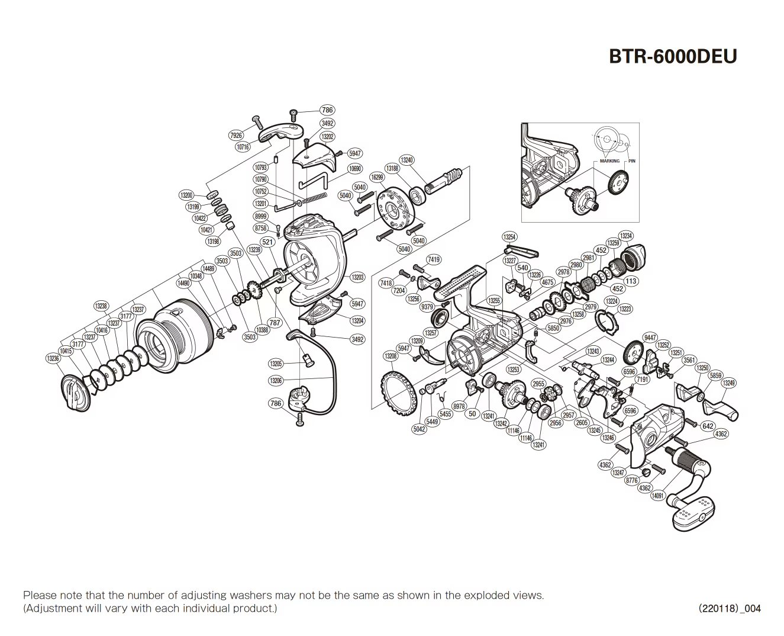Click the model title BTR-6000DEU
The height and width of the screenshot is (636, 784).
tap(673, 56)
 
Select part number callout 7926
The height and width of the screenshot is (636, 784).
tap(236, 136)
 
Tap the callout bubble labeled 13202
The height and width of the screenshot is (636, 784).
tap(327, 137)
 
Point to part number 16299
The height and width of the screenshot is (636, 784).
tap(377, 178)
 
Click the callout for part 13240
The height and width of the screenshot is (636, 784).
tap(406, 160)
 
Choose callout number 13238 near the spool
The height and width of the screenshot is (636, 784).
tap(101, 306)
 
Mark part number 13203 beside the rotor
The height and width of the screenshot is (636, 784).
tap(357, 277)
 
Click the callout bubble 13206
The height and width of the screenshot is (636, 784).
tap(276, 381)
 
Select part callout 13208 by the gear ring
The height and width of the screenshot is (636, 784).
tap(390, 356)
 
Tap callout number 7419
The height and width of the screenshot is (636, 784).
tap(433, 260)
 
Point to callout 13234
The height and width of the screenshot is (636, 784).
tap(625, 236)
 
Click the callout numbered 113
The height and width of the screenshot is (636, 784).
tap(631, 281)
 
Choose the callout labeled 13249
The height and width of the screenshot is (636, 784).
tap(729, 383)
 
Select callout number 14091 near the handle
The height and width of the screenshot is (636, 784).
tap(657, 496)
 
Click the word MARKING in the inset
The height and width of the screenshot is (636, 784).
tap(609, 161)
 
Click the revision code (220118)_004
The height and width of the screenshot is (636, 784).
tap(729, 608)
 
